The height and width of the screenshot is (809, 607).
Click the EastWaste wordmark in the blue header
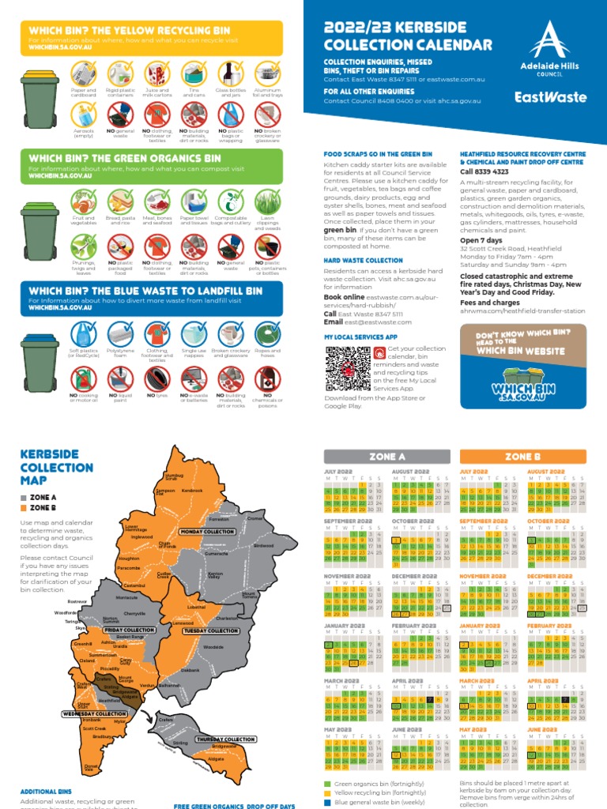550,97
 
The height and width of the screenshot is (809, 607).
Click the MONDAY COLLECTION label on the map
207,532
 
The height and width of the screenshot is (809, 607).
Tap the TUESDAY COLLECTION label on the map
211,630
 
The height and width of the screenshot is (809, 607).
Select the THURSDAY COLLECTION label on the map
226,739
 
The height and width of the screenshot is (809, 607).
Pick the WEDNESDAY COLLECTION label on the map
93,713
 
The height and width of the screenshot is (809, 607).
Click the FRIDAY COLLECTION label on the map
129,630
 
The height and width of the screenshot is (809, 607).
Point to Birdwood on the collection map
264,545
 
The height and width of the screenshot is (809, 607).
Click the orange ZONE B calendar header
522,457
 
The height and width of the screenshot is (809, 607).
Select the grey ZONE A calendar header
387,457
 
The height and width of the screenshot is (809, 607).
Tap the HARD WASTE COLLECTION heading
363,259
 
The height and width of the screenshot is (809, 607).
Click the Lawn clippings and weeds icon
268,205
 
